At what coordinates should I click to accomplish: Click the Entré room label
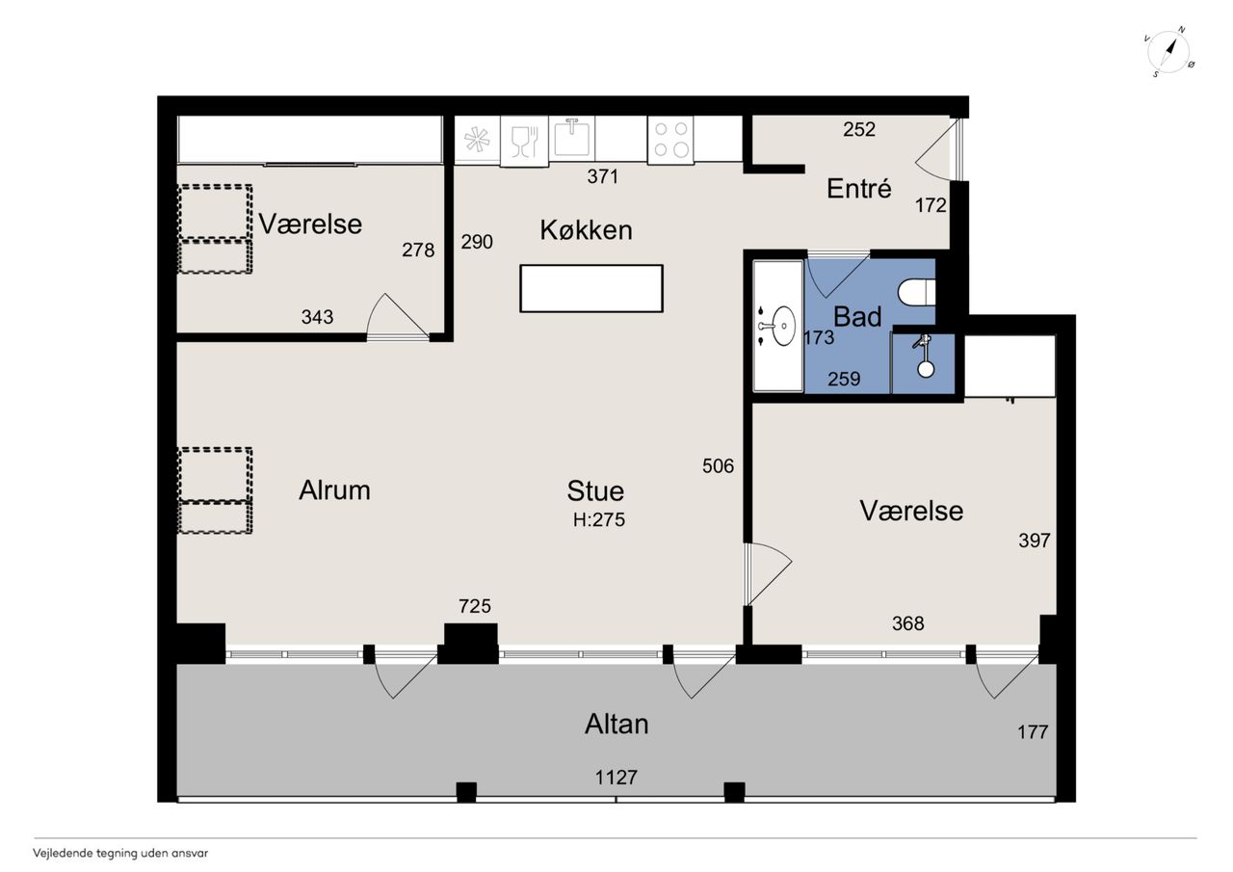click(x=858, y=189)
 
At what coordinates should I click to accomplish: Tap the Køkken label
click(x=586, y=229)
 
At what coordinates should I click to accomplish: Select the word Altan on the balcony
click(x=616, y=724)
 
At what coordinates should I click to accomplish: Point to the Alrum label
click(x=334, y=489)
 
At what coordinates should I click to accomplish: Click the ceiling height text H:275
click(x=599, y=519)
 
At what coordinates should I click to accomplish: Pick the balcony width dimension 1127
click(x=616, y=778)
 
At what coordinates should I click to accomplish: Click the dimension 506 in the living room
click(x=719, y=466)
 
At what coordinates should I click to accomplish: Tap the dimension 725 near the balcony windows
click(x=475, y=606)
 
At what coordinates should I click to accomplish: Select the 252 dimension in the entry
click(x=859, y=129)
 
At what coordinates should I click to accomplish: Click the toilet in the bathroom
click(x=916, y=292)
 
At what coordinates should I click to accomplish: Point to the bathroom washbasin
click(x=782, y=326)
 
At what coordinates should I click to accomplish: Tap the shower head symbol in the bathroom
click(x=924, y=357)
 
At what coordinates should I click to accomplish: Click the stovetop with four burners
click(x=670, y=140)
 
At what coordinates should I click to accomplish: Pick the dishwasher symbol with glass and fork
click(x=524, y=141)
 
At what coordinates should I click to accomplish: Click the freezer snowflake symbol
click(x=477, y=139)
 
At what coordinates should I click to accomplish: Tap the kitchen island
click(x=591, y=288)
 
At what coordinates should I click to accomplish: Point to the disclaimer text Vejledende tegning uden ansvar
click(x=120, y=854)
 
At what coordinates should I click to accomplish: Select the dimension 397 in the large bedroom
click(x=1035, y=541)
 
